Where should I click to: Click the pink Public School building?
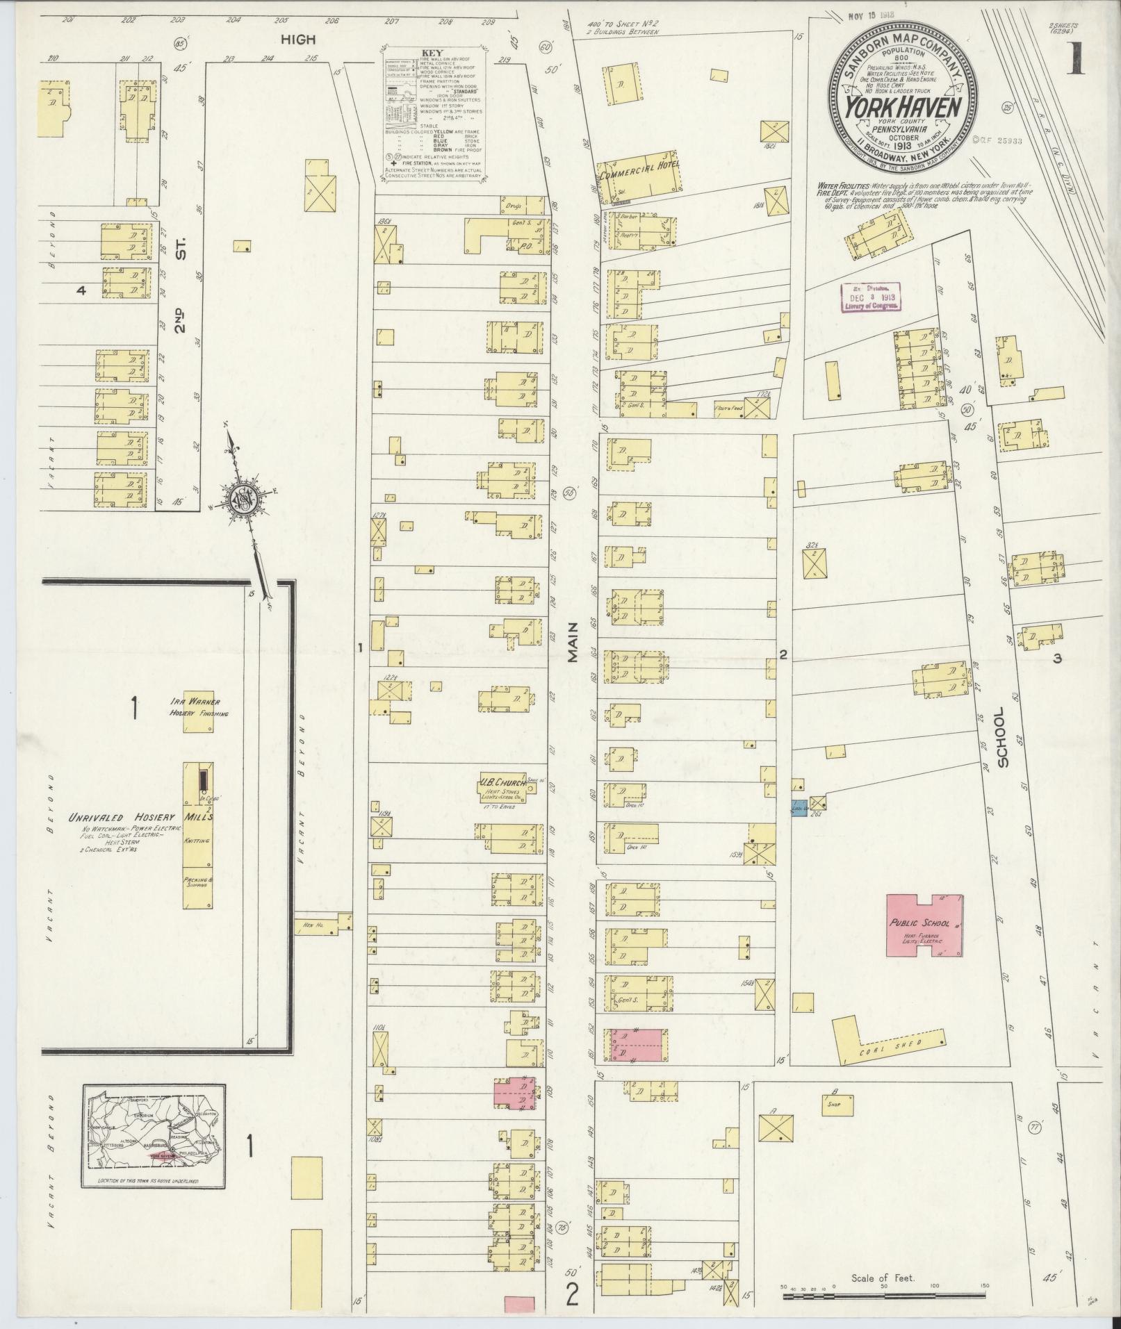click(x=924, y=925)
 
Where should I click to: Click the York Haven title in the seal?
click(x=903, y=108)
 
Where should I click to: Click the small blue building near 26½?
click(x=798, y=810)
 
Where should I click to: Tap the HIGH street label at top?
click(x=298, y=40)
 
